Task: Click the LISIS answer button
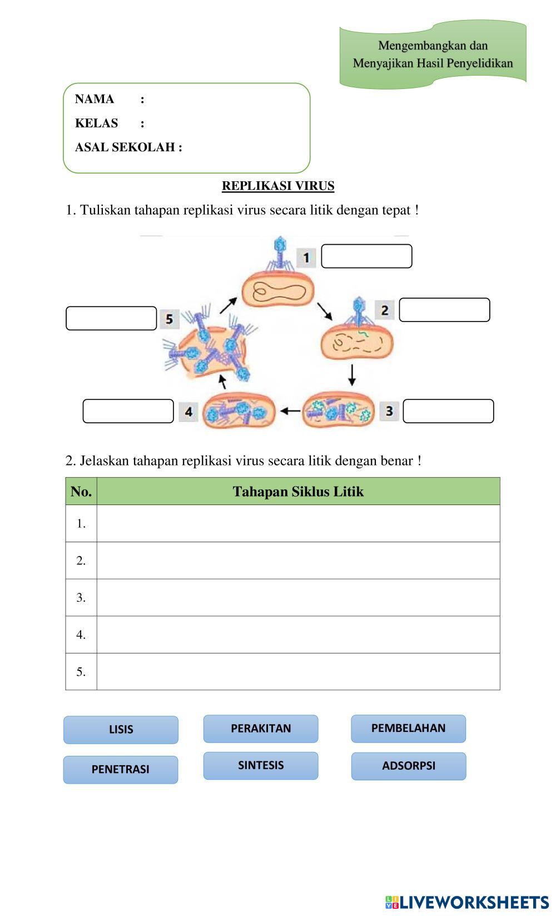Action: click(x=121, y=730)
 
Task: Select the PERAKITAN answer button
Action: click(x=261, y=729)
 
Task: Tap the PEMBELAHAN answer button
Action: click(x=408, y=729)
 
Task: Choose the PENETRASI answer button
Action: click(x=121, y=770)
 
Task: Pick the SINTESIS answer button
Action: click(x=261, y=766)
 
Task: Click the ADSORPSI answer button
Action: click(x=408, y=766)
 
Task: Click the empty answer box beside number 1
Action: click(x=366, y=256)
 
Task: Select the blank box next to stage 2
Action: click(x=444, y=310)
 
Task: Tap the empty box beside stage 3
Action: click(x=448, y=411)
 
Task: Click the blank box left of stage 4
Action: click(x=128, y=411)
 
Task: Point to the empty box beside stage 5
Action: click(x=111, y=318)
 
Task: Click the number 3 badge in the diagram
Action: click(x=389, y=411)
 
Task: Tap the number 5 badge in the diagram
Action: click(x=169, y=319)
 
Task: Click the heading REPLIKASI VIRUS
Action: click(x=278, y=186)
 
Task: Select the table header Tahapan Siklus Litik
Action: click(x=298, y=492)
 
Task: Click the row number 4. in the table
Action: click(x=81, y=635)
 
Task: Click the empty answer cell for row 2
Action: click(x=298, y=561)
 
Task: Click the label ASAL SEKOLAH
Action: click(x=128, y=147)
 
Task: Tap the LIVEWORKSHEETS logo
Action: click(x=466, y=902)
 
